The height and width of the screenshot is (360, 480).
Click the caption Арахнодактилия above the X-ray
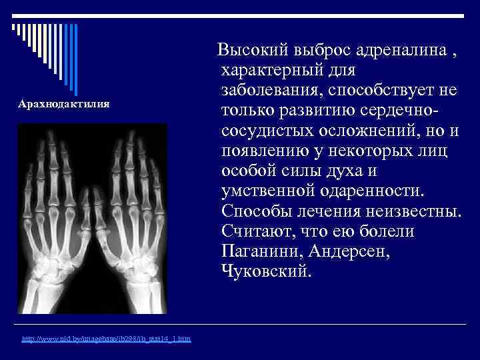point(64,105)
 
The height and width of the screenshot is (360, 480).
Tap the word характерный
point(278,69)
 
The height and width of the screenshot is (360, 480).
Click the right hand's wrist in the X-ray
point(137,270)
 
